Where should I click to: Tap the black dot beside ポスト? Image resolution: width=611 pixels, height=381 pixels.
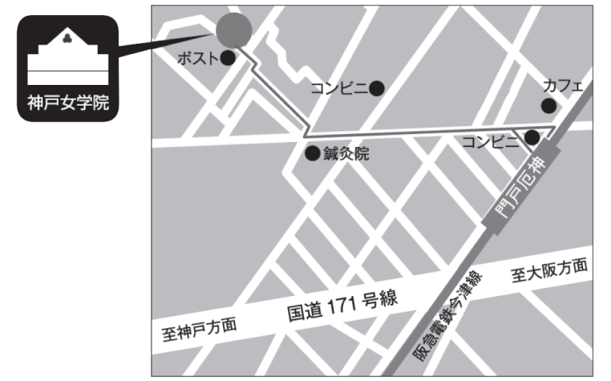pyautogui.click(x=228, y=58)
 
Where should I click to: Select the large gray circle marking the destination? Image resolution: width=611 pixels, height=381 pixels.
pyautogui.click(x=234, y=30)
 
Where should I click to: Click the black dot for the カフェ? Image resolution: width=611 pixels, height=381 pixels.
pyautogui.click(x=549, y=106)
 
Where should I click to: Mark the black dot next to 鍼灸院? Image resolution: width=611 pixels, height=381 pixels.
pyautogui.click(x=312, y=153)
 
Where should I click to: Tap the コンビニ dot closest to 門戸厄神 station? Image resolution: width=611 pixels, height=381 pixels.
pyautogui.click(x=532, y=138)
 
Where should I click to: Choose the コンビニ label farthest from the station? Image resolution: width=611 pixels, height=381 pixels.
pyautogui.click(x=340, y=88)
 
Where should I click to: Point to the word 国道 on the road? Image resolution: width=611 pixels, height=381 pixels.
pyautogui.click(x=304, y=310)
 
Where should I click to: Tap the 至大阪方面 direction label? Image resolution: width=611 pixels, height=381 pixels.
pyautogui.click(x=549, y=272)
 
